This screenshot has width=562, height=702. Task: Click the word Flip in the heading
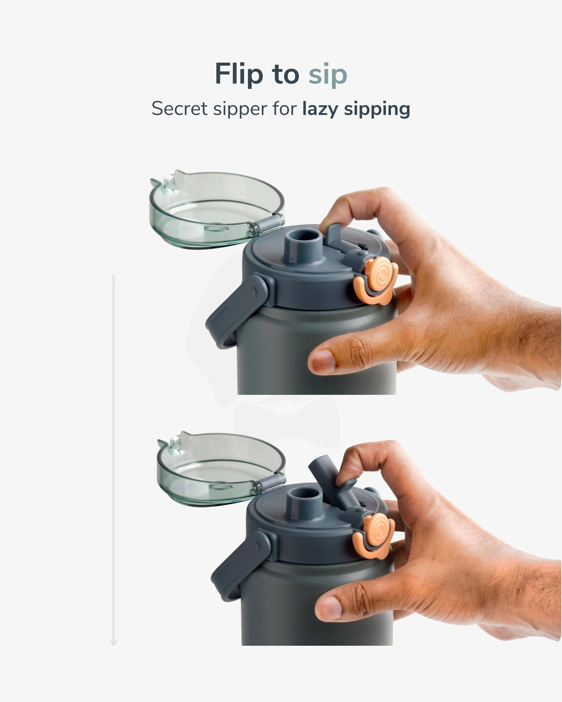click(x=239, y=74)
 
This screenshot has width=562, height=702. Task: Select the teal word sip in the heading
click(x=328, y=75)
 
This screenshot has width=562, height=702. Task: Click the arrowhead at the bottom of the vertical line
click(x=113, y=643)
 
